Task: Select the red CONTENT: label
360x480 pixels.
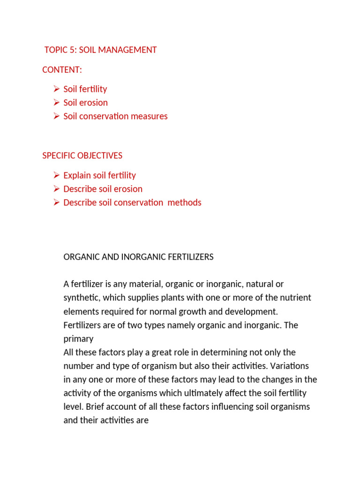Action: click(62, 70)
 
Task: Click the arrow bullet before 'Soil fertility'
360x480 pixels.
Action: click(56, 89)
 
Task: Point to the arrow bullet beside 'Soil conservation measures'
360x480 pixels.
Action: click(56, 116)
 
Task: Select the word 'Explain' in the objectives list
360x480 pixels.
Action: click(77, 175)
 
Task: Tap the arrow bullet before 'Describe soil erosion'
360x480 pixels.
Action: click(56, 189)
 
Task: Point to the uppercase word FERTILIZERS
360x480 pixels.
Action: click(191, 257)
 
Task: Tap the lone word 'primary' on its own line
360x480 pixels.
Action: click(78, 339)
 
